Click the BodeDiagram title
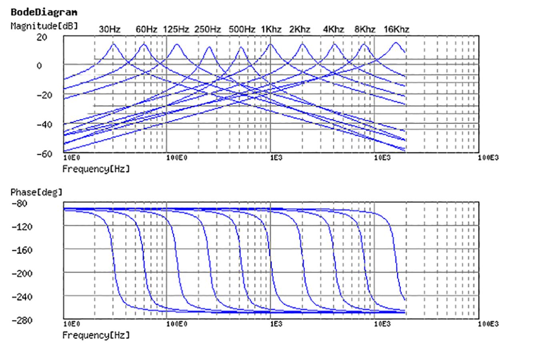(x=44, y=12)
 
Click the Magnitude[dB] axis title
(x=44, y=26)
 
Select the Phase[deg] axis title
(x=37, y=192)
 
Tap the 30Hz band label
(x=110, y=30)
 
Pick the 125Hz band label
(x=176, y=30)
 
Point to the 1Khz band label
(x=271, y=30)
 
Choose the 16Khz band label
(x=396, y=30)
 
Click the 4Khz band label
(x=334, y=30)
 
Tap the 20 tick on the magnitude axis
(x=42, y=37)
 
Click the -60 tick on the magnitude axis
(x=44, y=154)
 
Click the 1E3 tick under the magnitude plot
(x=276, y=158)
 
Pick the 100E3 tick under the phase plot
(x=488, y=324)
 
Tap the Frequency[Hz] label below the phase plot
(x=96, y=335)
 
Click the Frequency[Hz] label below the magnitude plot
(x=96, y=169)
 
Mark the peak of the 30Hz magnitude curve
(x=113, y=44)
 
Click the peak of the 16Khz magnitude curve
(x=396, y=42)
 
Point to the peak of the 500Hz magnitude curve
(x=241, y=47)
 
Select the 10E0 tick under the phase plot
(x=72, y=324)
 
